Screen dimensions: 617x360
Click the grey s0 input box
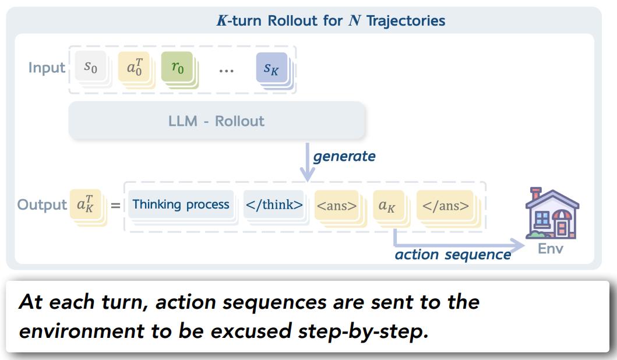91,66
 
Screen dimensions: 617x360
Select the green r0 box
178,67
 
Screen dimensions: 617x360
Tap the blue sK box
272,68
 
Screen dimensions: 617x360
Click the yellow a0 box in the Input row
134,67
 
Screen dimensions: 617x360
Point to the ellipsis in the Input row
226,71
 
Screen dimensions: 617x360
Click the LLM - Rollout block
217,121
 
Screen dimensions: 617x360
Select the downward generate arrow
307,161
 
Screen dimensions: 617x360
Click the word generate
344,157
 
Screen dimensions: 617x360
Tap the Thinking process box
181,204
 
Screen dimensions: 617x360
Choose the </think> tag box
274,204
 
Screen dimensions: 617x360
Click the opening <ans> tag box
337,206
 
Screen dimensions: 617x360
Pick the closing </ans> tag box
445,206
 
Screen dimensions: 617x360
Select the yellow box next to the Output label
86,204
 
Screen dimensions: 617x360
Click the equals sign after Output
115,205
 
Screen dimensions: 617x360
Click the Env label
551,249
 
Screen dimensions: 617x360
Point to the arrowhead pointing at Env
518,245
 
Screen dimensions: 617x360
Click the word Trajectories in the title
406,20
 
